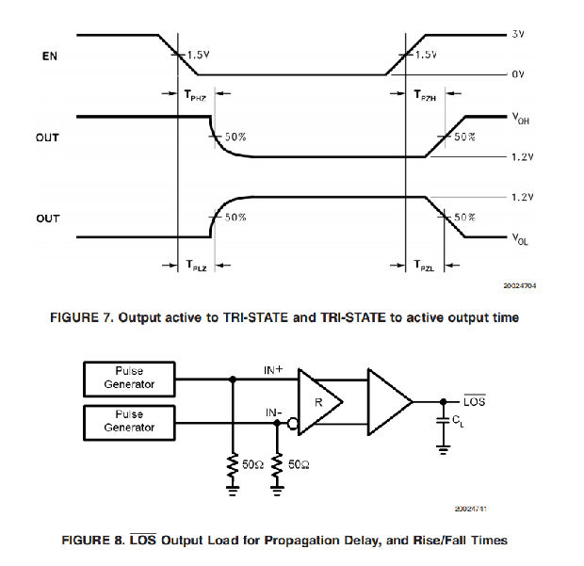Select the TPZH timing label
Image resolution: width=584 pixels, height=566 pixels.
tap(426, 94)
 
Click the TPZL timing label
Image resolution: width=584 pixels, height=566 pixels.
tap(426, 267)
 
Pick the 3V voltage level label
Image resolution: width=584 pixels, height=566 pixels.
tap(517, 35)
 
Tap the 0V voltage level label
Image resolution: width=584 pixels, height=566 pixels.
tap(517, 73)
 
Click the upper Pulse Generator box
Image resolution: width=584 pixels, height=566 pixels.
tap(131, 379)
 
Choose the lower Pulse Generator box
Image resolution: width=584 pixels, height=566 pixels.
tap(131, 421)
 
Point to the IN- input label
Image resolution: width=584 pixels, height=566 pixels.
tap(272, 411)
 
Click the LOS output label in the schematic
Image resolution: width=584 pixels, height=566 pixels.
tap(476, 402)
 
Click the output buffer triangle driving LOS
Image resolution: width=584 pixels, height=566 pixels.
tap(387, 401)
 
